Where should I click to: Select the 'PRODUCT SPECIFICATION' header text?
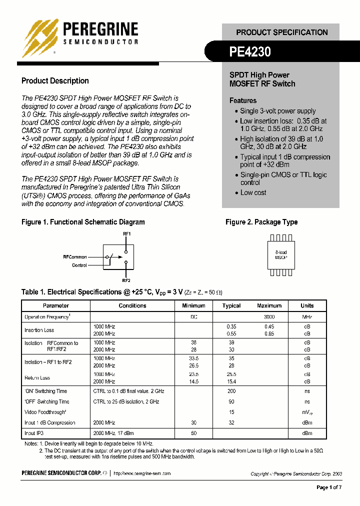pos(282,32)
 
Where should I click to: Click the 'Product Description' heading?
pos(55,81)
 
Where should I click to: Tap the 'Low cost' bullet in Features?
pos(253,192)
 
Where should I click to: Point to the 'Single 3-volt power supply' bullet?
pos(277,111)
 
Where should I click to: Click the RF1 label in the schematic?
pos(126,233)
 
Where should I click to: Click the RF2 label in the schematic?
pos(126,280)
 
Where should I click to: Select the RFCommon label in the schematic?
pos(75,256)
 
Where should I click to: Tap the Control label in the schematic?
pos(79,265)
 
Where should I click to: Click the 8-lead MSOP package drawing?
pos(281,255)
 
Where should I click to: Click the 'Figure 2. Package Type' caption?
pos(261,222)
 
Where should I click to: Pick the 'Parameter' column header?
pos(55,305)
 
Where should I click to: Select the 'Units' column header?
pos(307,305)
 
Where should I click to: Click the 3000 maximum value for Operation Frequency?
pos(269,317)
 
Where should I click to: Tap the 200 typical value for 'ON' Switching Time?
pos(231,391)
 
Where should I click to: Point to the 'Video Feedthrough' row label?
pos(45,412)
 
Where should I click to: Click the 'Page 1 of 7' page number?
pos(329,487)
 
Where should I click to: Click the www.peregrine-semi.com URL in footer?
pos(142,473)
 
